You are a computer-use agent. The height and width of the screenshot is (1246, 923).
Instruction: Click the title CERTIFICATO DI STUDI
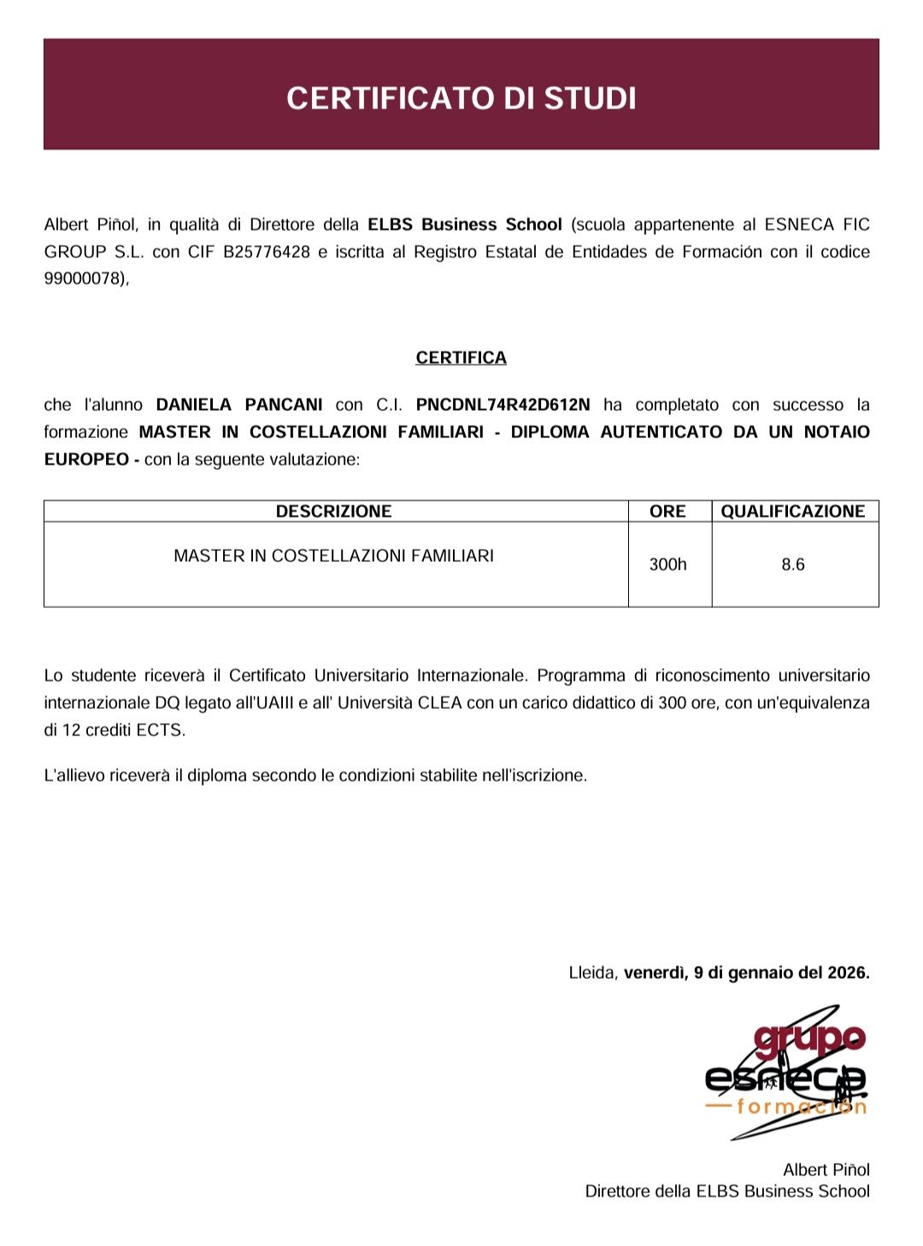461,98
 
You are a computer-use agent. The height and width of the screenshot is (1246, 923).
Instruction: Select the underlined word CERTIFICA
461,358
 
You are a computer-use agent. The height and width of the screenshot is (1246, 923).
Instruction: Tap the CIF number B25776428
266,252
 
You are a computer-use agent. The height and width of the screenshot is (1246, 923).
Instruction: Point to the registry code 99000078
84,279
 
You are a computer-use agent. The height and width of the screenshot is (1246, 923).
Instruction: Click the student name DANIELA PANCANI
239,405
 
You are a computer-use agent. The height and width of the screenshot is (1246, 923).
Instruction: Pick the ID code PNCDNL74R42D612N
503,405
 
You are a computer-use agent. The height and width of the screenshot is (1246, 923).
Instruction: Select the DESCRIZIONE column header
333,512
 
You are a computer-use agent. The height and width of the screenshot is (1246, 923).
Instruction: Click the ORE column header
667,512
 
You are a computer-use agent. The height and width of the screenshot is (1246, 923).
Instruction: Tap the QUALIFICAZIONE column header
793,512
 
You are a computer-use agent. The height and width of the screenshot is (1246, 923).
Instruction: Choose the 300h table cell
667,565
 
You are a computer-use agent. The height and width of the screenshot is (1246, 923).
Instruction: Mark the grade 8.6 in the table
793,565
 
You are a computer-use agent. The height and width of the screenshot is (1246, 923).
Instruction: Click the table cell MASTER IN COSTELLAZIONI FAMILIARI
333,556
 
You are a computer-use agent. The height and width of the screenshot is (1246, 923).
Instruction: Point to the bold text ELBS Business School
465,225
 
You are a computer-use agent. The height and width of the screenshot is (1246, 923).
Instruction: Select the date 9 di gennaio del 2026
781,973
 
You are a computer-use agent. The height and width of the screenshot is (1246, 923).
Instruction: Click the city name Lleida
591,973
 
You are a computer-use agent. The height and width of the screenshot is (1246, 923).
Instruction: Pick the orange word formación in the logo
802,1108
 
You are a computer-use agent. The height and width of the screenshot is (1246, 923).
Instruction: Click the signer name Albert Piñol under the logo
826,1170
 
